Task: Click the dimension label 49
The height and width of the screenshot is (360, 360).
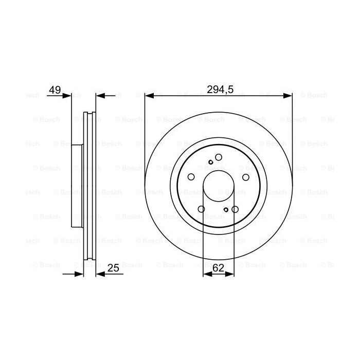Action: tap(55, 90)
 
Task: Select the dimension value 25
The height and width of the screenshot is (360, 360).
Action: tap(114, 267)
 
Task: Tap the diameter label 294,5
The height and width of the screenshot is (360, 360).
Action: tap(220, 89)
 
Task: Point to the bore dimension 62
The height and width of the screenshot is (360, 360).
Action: tap(218, 267)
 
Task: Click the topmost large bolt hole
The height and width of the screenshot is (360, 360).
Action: tap(219, 157)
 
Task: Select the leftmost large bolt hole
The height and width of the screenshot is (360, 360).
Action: tap(191, 177)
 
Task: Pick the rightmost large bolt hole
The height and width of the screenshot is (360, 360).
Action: tap(246, 177)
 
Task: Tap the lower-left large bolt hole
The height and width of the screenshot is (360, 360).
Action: tap(202, 209)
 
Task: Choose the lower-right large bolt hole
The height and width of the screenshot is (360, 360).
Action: tap(236, 209)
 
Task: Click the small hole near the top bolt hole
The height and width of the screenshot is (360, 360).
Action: tap(210, 162)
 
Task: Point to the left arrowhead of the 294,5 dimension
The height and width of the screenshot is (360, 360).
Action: tap(150, 96)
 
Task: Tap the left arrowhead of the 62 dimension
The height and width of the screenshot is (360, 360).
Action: tap(207, 274)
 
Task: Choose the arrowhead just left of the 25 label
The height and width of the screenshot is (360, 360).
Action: tap(100, 274)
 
